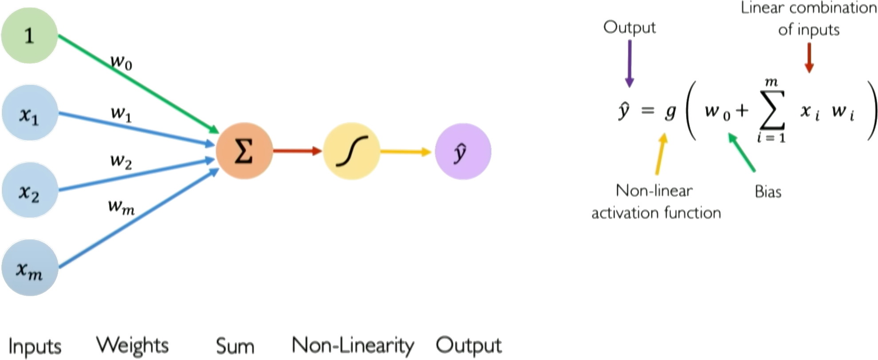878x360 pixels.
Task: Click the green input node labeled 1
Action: [29, 35]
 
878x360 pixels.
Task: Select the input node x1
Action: [29, 116]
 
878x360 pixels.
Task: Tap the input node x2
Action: [29, 192]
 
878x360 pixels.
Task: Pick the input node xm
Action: [29, 269]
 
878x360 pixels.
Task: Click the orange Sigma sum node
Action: [244, 151]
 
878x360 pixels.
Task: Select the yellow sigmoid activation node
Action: [352, 151]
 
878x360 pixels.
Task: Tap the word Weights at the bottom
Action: [133, 345]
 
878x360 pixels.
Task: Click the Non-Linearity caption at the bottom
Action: [353, 345]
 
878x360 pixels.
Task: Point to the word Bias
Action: [768, 192]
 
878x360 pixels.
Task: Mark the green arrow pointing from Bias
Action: [741, 153]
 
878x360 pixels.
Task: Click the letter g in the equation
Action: [670, 113]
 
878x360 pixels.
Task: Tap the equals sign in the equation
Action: [647, 111]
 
